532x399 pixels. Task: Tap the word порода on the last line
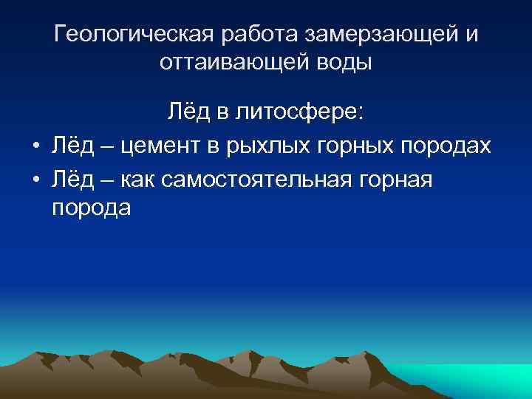[x=92, y=209]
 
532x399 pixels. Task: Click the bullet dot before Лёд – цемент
[x=35, y=146]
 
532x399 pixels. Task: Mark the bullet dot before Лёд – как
[x=35, y=179]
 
